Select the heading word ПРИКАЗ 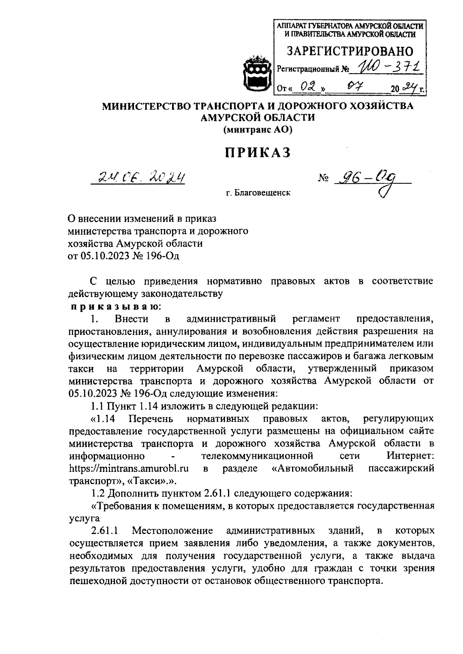258,153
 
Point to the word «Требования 122,506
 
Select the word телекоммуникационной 257,456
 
